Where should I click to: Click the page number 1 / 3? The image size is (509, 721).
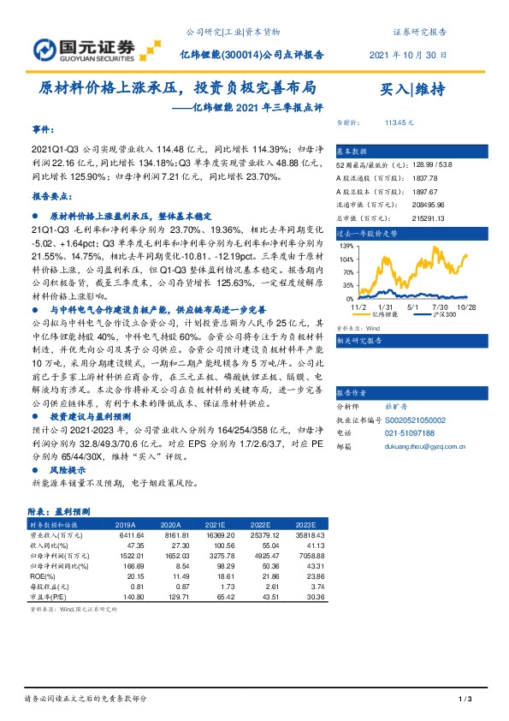tap(465, 700)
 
